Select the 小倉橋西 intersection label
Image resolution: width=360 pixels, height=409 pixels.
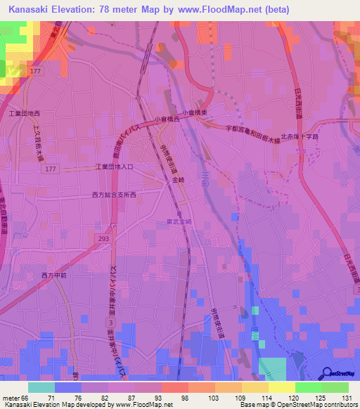[x=167, y=119]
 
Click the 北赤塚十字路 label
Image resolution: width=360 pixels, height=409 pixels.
[x=300, y=137]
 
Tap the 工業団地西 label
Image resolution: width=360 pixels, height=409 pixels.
[x=25, y=113]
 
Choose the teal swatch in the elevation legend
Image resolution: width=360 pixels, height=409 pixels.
[x=41, y=387]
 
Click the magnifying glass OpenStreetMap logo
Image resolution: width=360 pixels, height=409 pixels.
[x=327, y=373]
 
